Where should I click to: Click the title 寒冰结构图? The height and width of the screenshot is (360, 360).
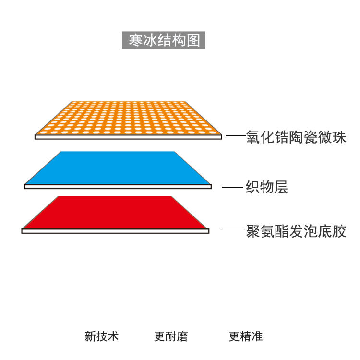(x=164, y=40)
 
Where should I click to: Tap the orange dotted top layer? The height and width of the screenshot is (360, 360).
(x=129, y=118)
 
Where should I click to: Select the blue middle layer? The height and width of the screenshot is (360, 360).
(x=118, y=168)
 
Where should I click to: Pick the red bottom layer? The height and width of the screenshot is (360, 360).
(x=115, y=213)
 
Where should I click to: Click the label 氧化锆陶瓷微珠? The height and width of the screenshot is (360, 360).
(x=296, y=138)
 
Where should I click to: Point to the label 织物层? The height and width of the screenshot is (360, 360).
(x=267, y=187)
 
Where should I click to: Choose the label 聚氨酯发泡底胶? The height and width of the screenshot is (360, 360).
(x=296, y=232)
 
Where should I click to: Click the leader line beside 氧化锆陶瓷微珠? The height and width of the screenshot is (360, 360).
(x=235, y=137)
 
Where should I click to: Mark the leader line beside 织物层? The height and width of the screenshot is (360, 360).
(x=232, y=187)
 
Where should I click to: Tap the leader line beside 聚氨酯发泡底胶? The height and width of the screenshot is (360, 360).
(x=233, y=231)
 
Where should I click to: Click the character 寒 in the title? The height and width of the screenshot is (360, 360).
(x=135, y=40)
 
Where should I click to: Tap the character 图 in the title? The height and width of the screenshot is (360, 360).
(x=193, y=40)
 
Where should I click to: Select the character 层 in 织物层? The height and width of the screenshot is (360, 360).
(x=281, y=187)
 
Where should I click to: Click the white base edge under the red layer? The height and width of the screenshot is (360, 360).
(x=115, y=231)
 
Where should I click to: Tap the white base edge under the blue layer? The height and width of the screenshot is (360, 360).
(x=118, y=186)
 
